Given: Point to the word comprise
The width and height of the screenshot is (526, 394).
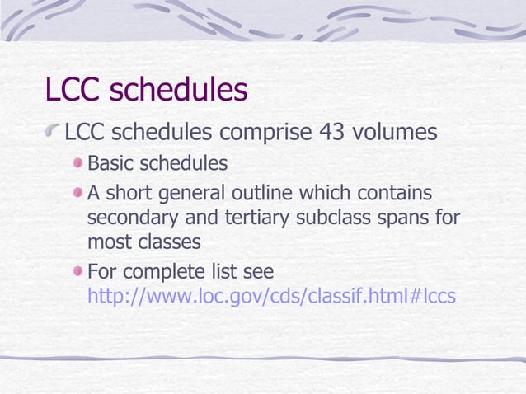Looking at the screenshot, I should click(265, 133).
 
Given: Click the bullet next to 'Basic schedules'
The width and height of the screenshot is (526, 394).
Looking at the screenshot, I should click(77, 163).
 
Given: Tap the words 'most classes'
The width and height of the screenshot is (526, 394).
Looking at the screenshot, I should click(143, 243).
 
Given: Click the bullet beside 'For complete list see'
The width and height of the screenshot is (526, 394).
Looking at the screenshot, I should click(77, 271).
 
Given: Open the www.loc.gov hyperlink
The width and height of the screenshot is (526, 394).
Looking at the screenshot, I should click(271, 296).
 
